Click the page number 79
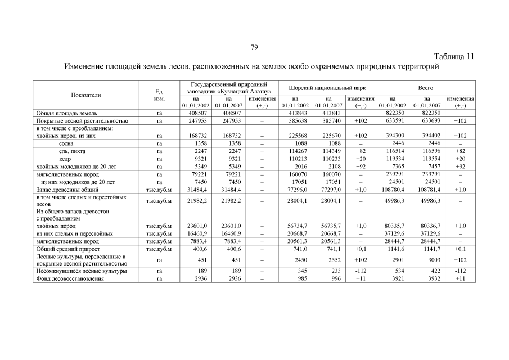point(254,47)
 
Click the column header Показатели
point(87,94)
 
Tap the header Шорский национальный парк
point(327,88)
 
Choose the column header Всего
point(425,88)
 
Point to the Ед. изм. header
point(159,94)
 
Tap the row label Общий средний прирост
point(68,249)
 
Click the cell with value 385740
point(329,121)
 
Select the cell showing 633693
point(427,121)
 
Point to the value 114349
point(329,151)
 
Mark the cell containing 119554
point(427,159)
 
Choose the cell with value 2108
point(329,167)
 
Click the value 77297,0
point(329,190)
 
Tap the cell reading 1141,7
point(427,249)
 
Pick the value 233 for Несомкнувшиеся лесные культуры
point(329,271)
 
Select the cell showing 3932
point(427,278)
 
